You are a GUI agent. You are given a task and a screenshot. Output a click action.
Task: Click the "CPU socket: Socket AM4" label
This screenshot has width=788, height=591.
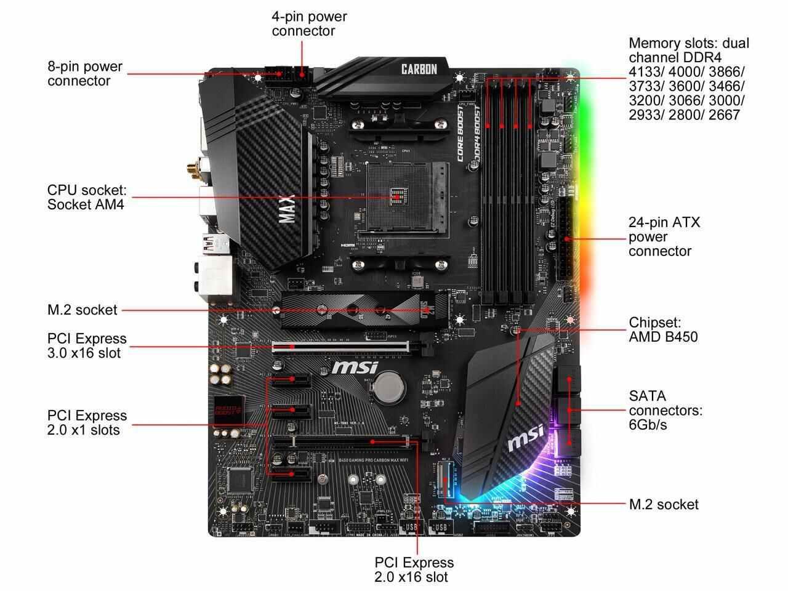click(86, 197)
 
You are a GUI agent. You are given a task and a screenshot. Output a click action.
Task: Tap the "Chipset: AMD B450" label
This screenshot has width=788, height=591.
click(663, 329)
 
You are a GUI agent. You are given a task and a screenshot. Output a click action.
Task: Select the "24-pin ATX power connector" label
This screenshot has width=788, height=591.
click(664, 236)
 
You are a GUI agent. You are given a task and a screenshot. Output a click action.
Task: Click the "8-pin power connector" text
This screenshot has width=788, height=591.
click(85, 73)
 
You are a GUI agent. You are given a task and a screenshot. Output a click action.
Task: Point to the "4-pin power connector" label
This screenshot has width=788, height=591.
click(309, 23)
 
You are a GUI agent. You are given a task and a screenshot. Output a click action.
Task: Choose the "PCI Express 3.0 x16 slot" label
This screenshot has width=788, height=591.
click(87, 345)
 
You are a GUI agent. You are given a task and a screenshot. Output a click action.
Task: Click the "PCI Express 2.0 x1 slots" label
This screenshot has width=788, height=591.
click(87, 422)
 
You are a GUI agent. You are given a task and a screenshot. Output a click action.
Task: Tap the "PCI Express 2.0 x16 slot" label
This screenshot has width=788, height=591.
click(414, 569)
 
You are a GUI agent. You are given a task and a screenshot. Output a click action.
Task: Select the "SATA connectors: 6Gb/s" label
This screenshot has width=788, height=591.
click(665, 410)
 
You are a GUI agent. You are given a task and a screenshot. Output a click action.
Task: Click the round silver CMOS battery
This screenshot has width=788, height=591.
click(390, 387)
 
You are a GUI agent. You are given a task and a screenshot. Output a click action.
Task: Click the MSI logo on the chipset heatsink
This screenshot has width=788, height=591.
click(525, 438)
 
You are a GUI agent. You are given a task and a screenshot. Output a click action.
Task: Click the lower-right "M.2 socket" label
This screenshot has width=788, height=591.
click(664, 505)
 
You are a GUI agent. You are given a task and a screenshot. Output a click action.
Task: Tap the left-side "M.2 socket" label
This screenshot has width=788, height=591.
click(82, 310)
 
